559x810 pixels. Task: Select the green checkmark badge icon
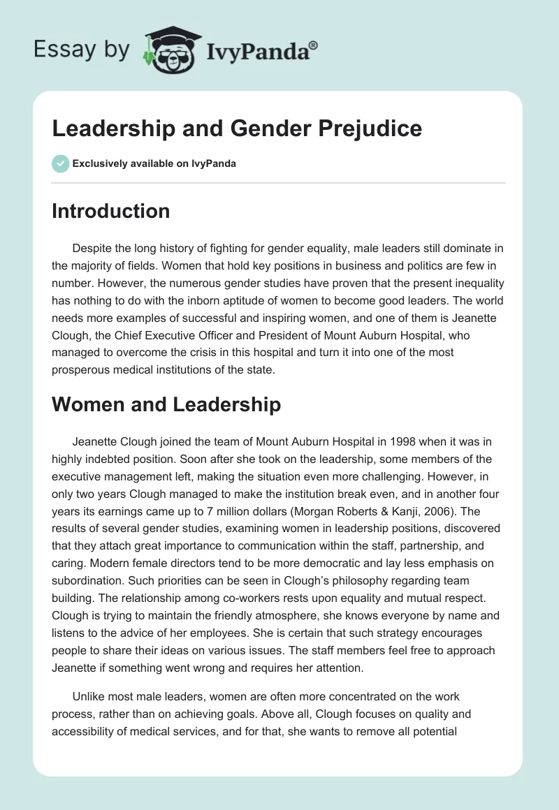point(60,163)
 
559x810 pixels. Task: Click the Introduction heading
point(110,211)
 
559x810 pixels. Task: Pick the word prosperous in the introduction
point(84,369)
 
